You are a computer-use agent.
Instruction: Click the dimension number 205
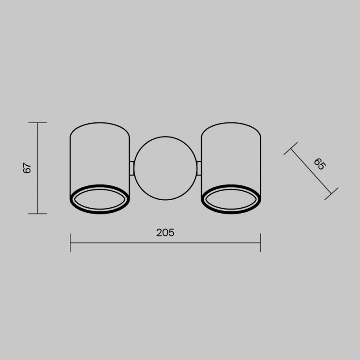[165, 232]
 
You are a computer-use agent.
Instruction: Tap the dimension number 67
[27, 168]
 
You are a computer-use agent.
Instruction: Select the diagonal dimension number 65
[320, 164]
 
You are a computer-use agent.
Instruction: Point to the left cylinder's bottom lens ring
[100, 213]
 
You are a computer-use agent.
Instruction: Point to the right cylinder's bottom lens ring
[231, 213]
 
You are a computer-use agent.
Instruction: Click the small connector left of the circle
[132, 168]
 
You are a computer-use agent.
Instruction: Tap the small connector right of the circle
[199, 168]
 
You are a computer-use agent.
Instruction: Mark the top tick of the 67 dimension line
[38, 123]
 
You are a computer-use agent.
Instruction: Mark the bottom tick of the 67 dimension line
[38, 214]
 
